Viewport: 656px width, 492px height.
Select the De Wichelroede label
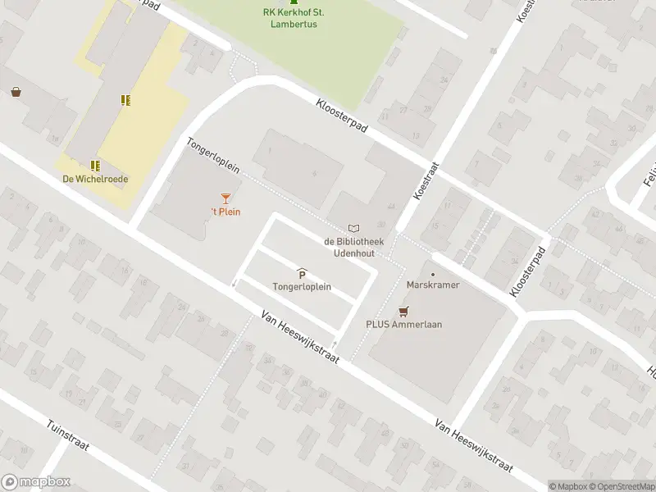[95, 179]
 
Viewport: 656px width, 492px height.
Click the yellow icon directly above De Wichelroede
[95, 165]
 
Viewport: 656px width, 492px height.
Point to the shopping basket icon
[16, 93]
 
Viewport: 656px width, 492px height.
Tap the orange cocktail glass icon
[225, 198]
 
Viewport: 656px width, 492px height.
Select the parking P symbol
[302, 274]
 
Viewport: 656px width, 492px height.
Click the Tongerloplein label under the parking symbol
[302, 286]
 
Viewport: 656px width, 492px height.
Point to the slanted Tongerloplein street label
[212, 155]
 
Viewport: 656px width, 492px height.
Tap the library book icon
[353, 228]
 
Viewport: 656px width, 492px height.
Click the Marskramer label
[433, 285]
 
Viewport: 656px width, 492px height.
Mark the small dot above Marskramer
[433, 274]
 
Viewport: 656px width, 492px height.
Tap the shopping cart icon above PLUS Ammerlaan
[403, 311]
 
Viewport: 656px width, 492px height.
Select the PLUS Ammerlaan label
[403, 324]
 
